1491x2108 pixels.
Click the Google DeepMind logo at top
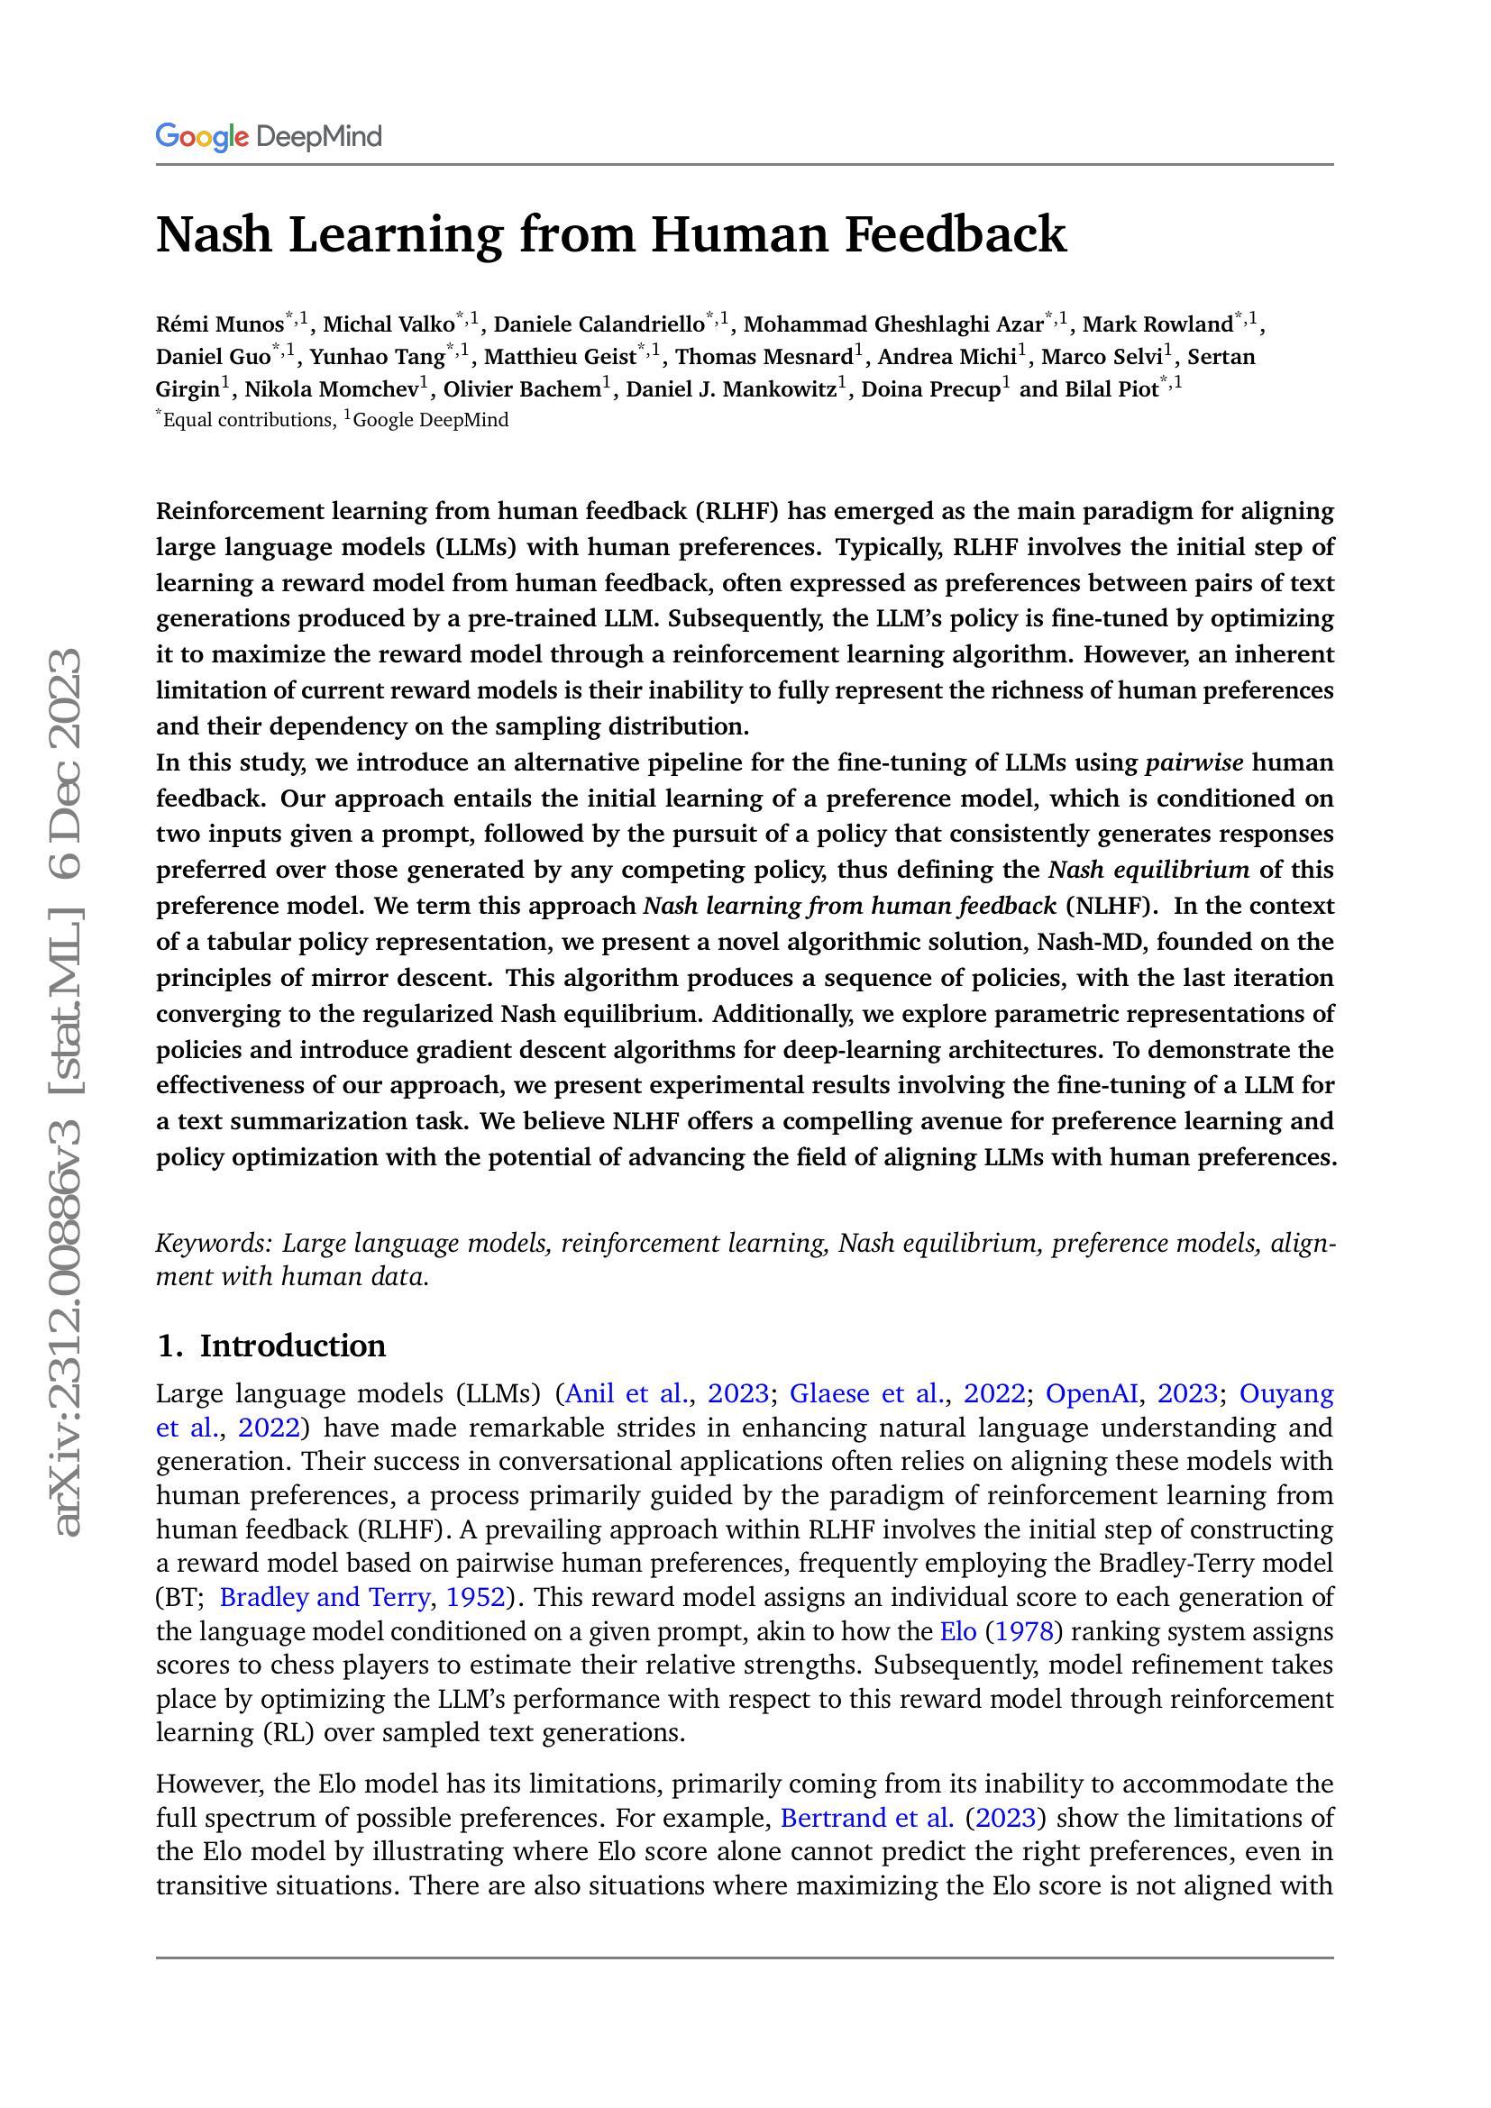coord(268,137)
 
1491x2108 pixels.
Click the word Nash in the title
coord(214,234)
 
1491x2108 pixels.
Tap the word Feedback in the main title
coord(955,234)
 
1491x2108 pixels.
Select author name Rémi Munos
coord(219,324)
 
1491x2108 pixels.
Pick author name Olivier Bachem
coord(520,389)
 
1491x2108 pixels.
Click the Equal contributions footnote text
coord(248,421)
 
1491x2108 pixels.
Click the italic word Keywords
coord(214,1243)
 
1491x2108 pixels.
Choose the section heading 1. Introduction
coord(270,1345)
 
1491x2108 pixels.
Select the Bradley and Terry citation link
coord(325,1598)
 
